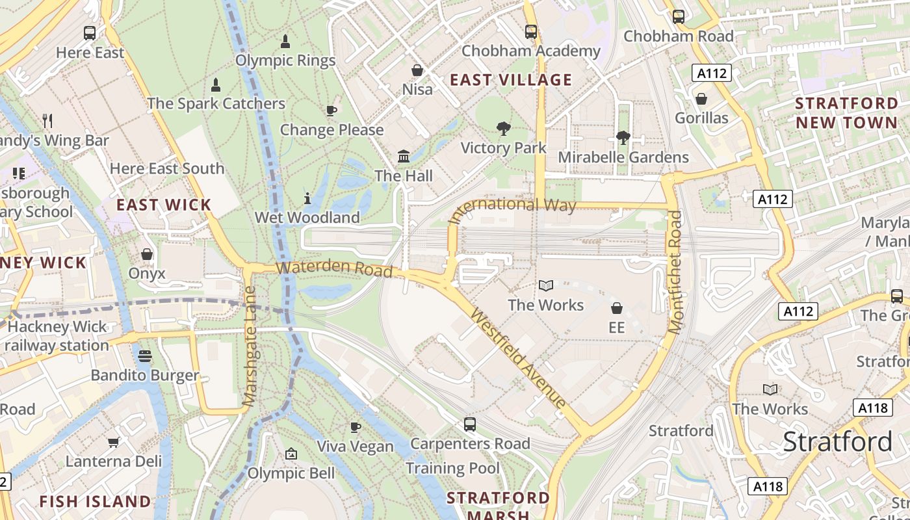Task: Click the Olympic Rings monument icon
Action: tap(285, 42)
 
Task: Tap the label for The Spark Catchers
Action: tap(216, 103)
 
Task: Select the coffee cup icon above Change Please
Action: tap(331, 110)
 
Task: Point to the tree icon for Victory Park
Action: tap(503, 129)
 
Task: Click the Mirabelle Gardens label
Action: tap(623, 157)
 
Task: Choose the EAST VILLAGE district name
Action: tap(511, 80)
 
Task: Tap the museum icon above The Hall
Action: tap(404, 157)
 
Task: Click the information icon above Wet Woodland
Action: tap(307, 198)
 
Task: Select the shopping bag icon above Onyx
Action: tap(147, 254)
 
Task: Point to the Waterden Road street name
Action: tap(334, 268)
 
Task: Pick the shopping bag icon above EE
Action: tap(616, 308)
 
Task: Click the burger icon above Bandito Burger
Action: tap(144, 356)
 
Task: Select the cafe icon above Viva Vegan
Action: tap(355, 427)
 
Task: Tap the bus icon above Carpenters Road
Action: tap(470, 424)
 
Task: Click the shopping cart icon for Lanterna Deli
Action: tap(113, 443)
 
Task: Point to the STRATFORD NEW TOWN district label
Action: tap(846, 113)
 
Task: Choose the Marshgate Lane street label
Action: tap(250, 347)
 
